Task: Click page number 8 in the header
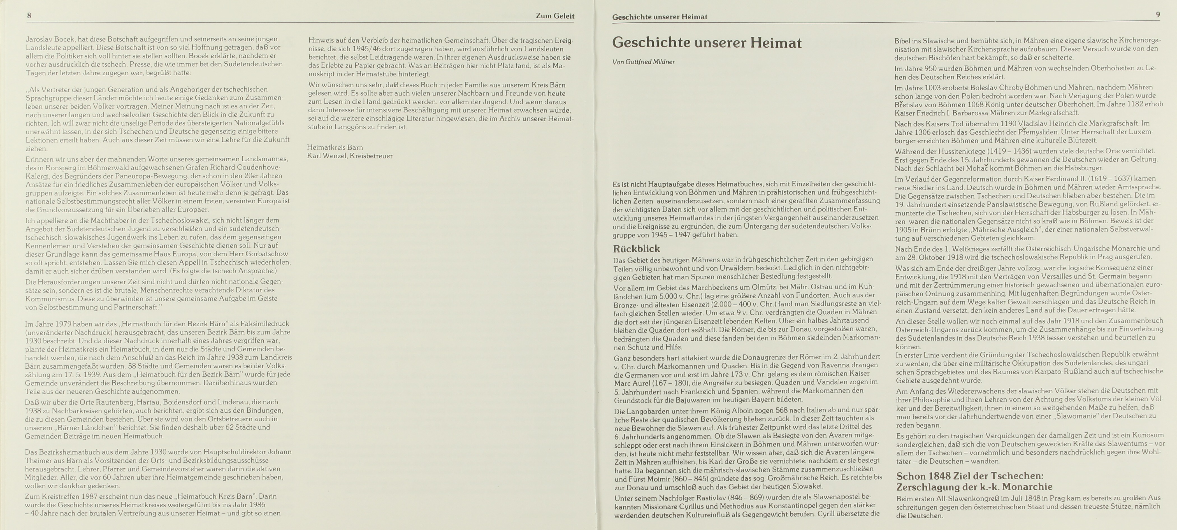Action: point(29,15)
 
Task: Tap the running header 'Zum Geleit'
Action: point(555,16)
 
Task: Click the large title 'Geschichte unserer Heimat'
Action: point(707,43)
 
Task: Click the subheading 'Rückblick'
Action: point(637,248)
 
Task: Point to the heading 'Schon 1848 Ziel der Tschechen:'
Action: point(970,476)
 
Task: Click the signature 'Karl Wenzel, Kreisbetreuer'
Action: point(350,156)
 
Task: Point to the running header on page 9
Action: point(659,17)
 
